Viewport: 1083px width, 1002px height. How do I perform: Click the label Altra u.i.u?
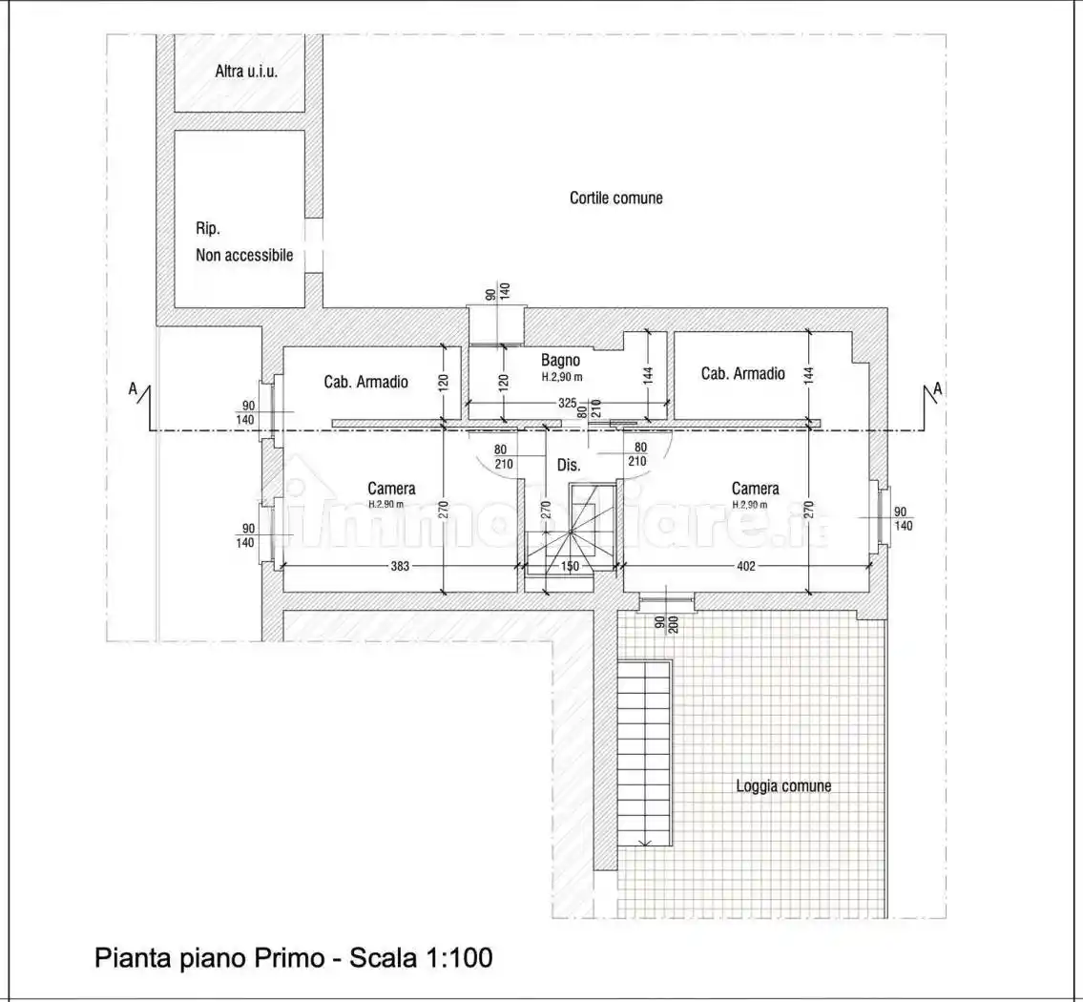[246, 72]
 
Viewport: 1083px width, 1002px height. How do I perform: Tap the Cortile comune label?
[615, 198]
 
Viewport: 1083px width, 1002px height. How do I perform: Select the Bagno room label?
[561, 361]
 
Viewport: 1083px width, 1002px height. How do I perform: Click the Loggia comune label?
[783, 786]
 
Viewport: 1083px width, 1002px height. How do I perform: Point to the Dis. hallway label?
[569, 465]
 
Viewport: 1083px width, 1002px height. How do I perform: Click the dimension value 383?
[400, 566]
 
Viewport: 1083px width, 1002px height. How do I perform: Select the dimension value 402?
[745, 566]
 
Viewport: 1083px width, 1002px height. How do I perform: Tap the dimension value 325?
[567, 405]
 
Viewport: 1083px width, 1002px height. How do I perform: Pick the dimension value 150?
[570, 566]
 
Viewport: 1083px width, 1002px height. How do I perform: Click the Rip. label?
[208, 229]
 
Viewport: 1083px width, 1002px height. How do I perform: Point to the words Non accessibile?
[244, 255]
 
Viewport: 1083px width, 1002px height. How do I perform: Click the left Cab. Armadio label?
[365, 382]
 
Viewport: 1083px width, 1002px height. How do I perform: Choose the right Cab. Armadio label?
[742, 374]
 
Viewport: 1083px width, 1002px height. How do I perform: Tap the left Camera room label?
[391, 489]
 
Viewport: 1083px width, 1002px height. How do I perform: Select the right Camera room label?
[755, 489]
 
